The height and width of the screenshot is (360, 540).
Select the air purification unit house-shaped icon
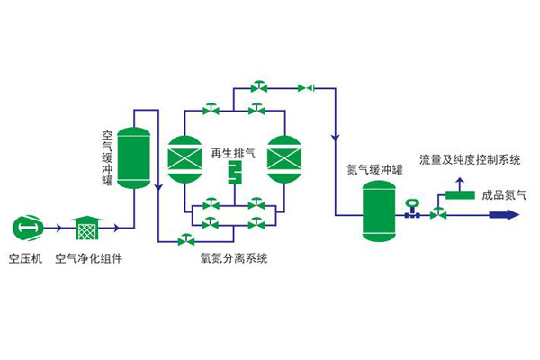point(86,229)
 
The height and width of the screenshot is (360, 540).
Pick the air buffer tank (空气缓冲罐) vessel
point(134,158)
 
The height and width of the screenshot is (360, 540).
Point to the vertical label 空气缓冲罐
point(107,158)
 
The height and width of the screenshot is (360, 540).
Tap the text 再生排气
point(233,153)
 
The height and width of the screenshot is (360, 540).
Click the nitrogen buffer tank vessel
point(378,211)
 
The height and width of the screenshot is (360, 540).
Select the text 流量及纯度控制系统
point(470,160)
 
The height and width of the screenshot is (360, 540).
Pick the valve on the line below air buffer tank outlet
point(187,240)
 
